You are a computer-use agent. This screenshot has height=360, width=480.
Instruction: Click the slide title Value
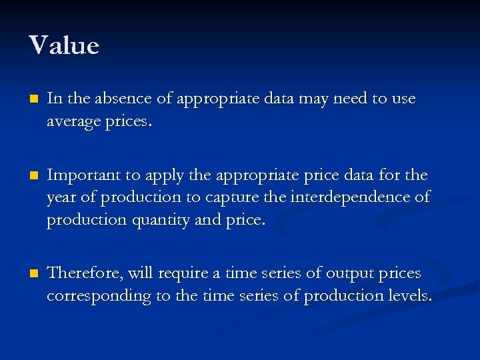(x=64, y=46)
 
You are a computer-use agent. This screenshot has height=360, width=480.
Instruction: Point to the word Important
(x=85, y=175)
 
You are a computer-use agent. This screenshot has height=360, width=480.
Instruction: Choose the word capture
(x=238, y=198)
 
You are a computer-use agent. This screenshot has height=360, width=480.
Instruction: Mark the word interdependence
(x=351, y=197)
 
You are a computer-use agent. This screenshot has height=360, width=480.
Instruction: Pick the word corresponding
(x=99, y=297)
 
